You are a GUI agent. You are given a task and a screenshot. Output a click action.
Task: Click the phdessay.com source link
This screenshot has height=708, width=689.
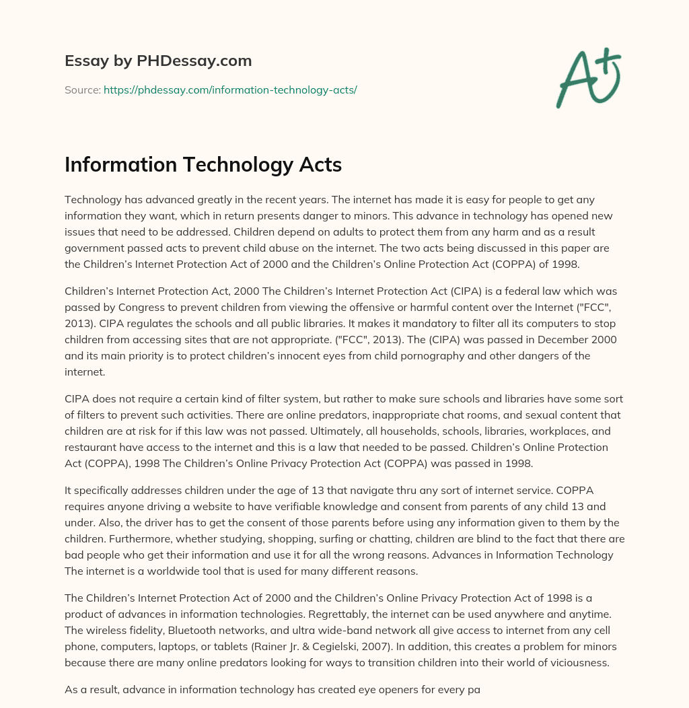click(230, 90)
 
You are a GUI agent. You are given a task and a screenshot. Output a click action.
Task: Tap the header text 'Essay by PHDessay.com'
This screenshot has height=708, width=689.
click(158, 61)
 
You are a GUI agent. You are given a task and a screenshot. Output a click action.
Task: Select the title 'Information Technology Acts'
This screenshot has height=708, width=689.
click(203, 165)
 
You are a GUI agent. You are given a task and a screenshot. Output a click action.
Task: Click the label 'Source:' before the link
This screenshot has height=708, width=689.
click(82, 90)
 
